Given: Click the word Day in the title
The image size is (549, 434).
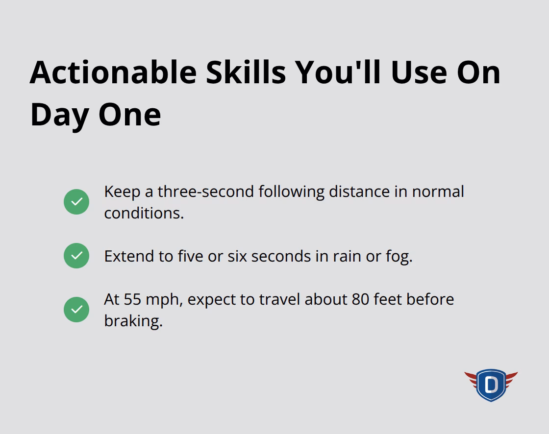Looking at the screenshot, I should click(59, 114).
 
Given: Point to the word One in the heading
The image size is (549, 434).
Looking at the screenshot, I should click(129, 114).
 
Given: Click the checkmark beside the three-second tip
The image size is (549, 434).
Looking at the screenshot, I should click(76, 202).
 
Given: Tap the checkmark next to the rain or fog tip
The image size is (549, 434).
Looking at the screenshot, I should click(76, 256).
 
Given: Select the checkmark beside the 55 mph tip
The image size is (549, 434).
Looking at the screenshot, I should click(76, 310).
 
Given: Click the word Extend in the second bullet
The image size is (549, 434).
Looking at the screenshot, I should click(125, 256).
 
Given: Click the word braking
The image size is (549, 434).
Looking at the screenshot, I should click(132, 321).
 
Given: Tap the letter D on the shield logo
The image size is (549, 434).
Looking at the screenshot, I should click(491, 385).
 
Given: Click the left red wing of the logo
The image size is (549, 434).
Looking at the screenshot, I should click(472, 379).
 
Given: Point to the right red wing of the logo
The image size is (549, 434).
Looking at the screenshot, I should click(510, 379).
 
